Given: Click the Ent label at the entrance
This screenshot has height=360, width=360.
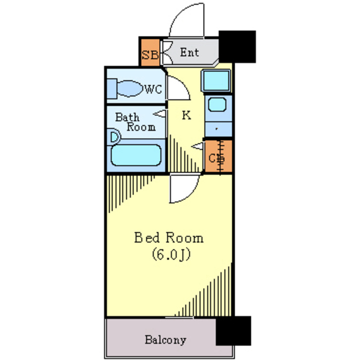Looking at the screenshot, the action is click(190, 53).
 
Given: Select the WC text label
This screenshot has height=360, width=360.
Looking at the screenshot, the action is click(153, 89).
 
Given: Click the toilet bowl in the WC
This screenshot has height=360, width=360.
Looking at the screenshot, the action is click(131, 88).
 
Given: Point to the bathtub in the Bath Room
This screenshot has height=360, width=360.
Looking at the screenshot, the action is click(136, 155).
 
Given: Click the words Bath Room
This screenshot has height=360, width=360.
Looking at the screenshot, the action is click(134, 122).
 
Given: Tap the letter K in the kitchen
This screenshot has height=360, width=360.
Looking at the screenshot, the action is click(186, 116).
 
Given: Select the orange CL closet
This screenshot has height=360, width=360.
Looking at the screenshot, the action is click(217, 158).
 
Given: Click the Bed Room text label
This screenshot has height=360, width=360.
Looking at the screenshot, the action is click(169, 237).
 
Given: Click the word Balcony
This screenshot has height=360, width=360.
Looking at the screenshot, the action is click(165, 340).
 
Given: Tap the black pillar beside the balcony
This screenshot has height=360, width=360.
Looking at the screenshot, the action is click(233, 331).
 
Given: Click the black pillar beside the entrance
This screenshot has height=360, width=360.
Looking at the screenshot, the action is click(237, 46).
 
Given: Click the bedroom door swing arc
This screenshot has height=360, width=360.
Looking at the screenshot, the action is click(183, 190).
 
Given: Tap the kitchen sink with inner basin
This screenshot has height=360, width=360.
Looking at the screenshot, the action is click(217, 105).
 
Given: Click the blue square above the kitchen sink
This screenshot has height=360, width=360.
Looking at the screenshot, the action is click(216, 81).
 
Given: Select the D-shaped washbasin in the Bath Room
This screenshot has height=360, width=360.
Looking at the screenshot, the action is click(114, 136).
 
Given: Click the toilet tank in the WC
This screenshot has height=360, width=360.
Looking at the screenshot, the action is click(112, 89).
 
